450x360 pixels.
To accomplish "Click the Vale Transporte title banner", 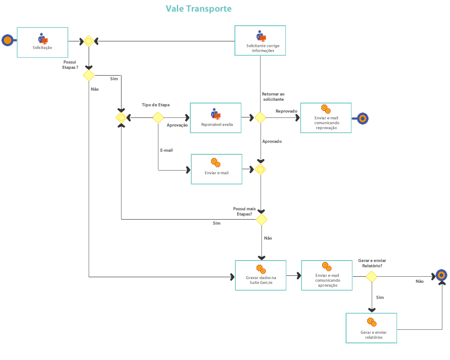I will (197, 9).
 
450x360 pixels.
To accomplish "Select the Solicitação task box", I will (42, 42).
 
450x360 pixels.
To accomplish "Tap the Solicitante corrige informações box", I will (260, 40).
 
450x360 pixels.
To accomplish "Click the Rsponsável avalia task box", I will (216, 118).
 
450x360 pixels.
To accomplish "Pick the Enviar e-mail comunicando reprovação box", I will (326, 118).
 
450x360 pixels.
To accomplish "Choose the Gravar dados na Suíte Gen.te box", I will (261, 275).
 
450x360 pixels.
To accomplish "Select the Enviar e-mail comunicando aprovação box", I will (327, 275).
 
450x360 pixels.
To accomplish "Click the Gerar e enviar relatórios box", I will (371, 328).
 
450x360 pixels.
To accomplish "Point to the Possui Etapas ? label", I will (70, 65).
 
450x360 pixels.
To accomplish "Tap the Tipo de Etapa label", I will (156, 105).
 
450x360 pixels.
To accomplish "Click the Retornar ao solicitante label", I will (273, 96).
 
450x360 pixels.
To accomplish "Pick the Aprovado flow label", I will (272, 141).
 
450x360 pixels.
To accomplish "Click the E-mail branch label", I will (166, 150).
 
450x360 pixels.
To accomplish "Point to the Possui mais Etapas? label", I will (244, 211).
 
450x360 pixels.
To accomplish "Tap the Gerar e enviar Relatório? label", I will (372, 263).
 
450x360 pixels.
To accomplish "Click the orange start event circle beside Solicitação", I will (7, 40).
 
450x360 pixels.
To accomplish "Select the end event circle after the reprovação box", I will (362, 118).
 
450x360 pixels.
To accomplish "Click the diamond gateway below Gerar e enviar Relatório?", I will (371, 276).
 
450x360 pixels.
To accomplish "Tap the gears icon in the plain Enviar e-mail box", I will (216, 162).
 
